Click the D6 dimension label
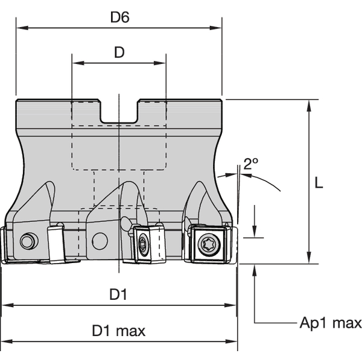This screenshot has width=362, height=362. pyautogui.click(x=119, y=17)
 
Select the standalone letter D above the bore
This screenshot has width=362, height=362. pyautogui.click(x=119, y=52)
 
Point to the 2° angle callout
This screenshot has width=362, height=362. pyautogui.click(x=250, y=163)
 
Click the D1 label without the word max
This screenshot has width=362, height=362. pyautogui.click(x=118, y=296)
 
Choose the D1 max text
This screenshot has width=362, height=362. pyautogui.click(x=118, y=331)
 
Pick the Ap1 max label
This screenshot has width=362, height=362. pyautogui.click(x=331, y=323)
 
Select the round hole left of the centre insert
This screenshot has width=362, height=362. pyautogui.click(x=100, y=242)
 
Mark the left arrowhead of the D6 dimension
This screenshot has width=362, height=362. pyautogui.click(x=19, y=28)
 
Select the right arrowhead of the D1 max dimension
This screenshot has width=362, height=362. pyautogui.click(x=234, y=341)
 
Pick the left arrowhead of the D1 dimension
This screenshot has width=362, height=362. pyautogui.click(x=5, y=306)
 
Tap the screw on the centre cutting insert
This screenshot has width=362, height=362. pyautogui.click(x=143, y=244)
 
